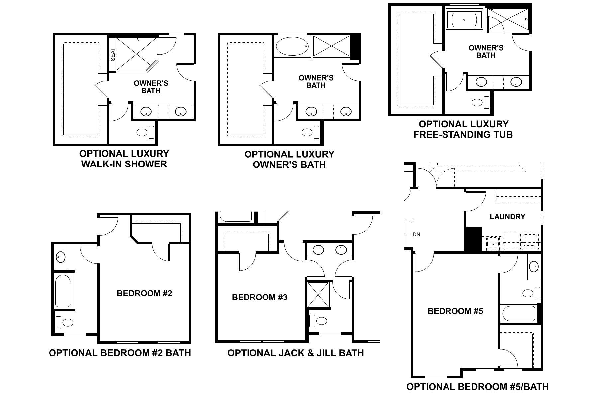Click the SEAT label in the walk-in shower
click(113, 54)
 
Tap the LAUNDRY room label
click(507, 217)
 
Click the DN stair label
click(416, 234)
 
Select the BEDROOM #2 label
click(145, 293)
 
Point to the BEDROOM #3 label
click(259, 297)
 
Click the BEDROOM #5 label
click(455, 311)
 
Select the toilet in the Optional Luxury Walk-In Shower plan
click(142, 133)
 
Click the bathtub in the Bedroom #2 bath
click(63, 291)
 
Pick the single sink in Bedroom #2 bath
click(60, 256)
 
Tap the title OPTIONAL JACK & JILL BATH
click(295, 353)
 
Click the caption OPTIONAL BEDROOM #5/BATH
click(477, 387)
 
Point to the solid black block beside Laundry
click(473, 239)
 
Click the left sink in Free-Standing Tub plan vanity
click(481, 82)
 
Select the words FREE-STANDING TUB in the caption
click(463, 134)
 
